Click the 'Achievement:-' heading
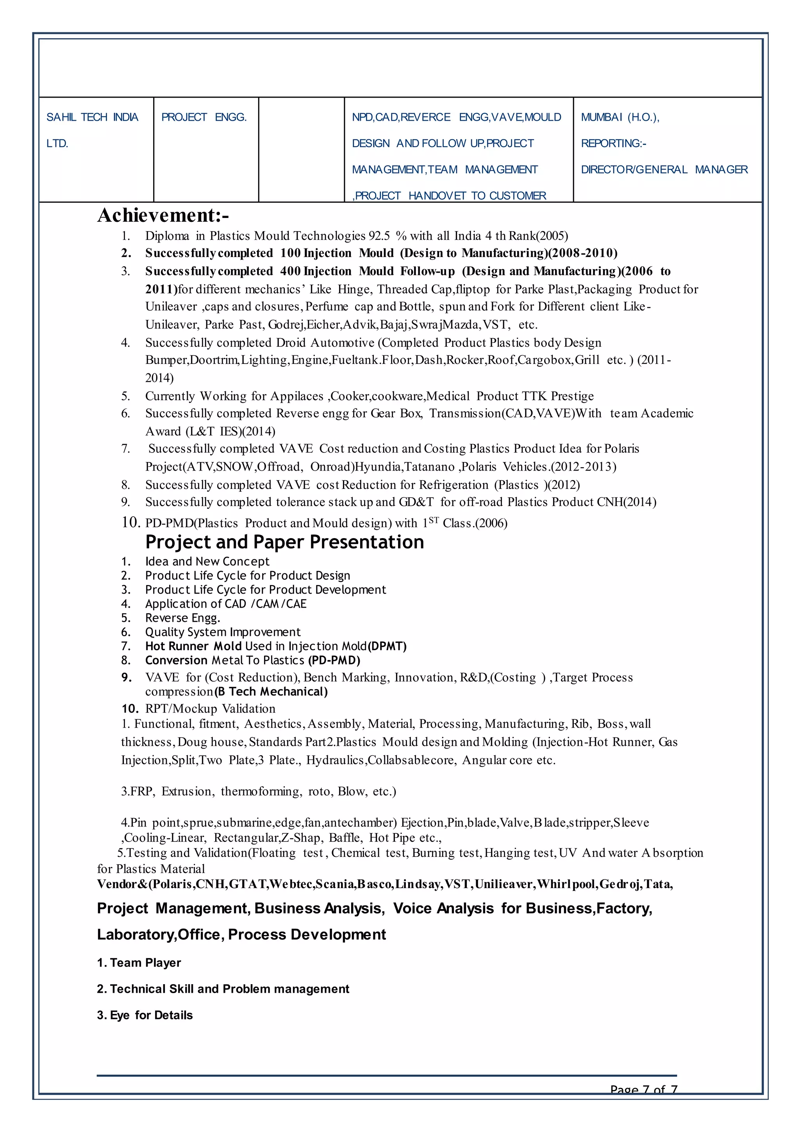[x=163, y=215]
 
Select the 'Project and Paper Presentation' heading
[x=284, y=542]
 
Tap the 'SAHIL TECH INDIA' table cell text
[x=92, y=117]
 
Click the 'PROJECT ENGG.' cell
[x=204, y=117]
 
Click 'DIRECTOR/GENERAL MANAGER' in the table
[x=664, y=169]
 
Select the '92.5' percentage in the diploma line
[x=379, y=236]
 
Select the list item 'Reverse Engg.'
[x=182, y=618]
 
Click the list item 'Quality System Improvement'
[x=223, y=632]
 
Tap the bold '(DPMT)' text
[x=387, y=646]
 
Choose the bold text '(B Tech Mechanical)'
[x=271, y=692]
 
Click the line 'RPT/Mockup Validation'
[x=210, y=709]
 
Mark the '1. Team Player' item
[x=139, y=963]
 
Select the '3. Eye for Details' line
[x=145, y=1015]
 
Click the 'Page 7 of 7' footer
[x=643, y=1090]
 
